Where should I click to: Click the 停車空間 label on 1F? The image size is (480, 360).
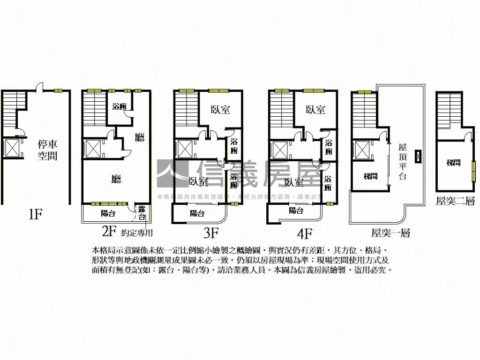tap(47, 150)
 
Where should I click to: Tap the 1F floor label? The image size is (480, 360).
tap(35, 215)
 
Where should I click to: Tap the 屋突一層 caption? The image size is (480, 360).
tap(390, 233)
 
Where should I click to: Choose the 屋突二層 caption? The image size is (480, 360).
tap(455, 201)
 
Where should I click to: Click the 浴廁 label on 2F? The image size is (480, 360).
tap(119, 106)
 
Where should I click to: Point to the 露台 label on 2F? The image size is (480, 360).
tap(141, 213)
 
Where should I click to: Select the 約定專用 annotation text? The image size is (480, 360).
tap(137, 232)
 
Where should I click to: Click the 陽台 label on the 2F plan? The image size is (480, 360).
tap(108, 214)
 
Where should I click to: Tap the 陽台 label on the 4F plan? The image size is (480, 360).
tap(296, 210)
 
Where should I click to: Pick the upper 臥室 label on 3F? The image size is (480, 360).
tap(220, 110)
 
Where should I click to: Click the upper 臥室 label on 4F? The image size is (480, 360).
tap(315, 110)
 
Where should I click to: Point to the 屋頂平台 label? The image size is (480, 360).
tap(403, 161)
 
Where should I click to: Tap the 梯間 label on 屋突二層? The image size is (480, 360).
tap(453, 163)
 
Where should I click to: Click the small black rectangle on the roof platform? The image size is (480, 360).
tap(418, 156)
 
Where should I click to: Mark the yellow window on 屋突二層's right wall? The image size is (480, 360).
tap(473, 171)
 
